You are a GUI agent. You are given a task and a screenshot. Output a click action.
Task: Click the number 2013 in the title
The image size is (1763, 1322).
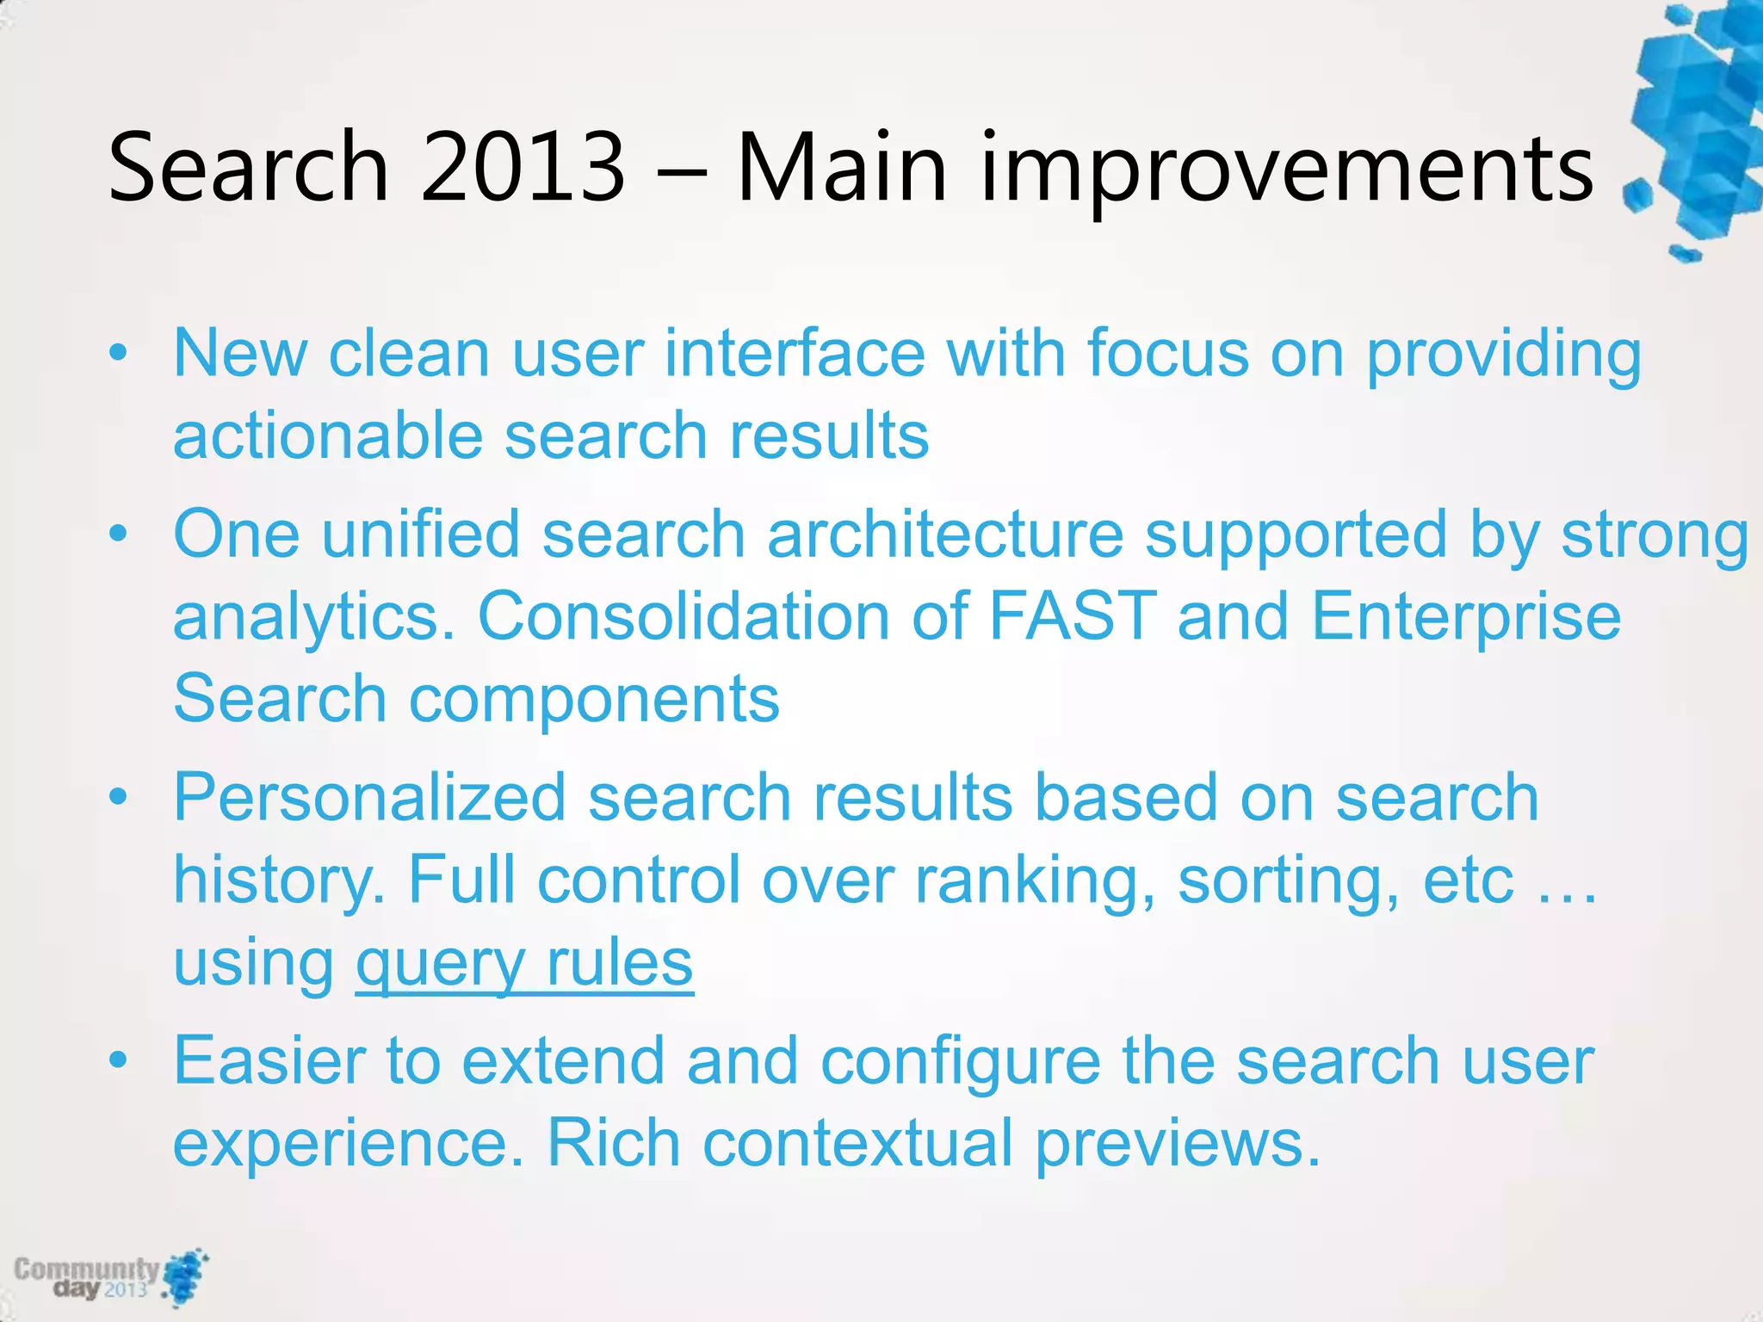click(523, 168)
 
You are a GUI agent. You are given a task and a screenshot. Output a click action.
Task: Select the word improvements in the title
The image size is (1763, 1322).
click(1287, 168)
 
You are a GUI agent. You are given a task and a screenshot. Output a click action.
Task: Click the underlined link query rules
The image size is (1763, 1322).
click(524, 963)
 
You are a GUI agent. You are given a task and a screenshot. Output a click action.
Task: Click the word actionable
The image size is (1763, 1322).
click(328, 436)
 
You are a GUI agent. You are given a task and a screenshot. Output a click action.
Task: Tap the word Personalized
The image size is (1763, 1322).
click(369, 797)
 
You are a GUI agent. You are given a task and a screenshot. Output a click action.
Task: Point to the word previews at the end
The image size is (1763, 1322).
click(1177, 1144)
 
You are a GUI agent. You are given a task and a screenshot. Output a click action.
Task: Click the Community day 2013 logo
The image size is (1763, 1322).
click(110, 1277)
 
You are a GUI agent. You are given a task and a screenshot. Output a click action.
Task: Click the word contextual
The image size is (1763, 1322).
click(857, 1144)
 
